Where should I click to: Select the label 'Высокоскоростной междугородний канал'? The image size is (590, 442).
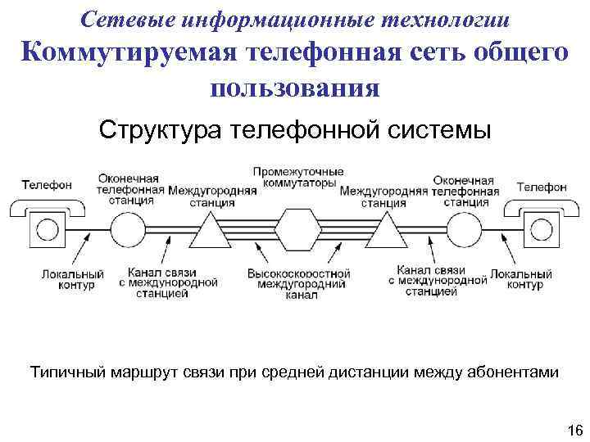[x=296, y=282]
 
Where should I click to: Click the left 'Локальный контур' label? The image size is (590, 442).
[x=73, y=279]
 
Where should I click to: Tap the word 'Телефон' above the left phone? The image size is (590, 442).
[x=47, y=185]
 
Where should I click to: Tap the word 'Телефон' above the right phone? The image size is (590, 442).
[x=542, y=187]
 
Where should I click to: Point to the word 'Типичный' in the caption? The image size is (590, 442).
[x=65, y=372]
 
